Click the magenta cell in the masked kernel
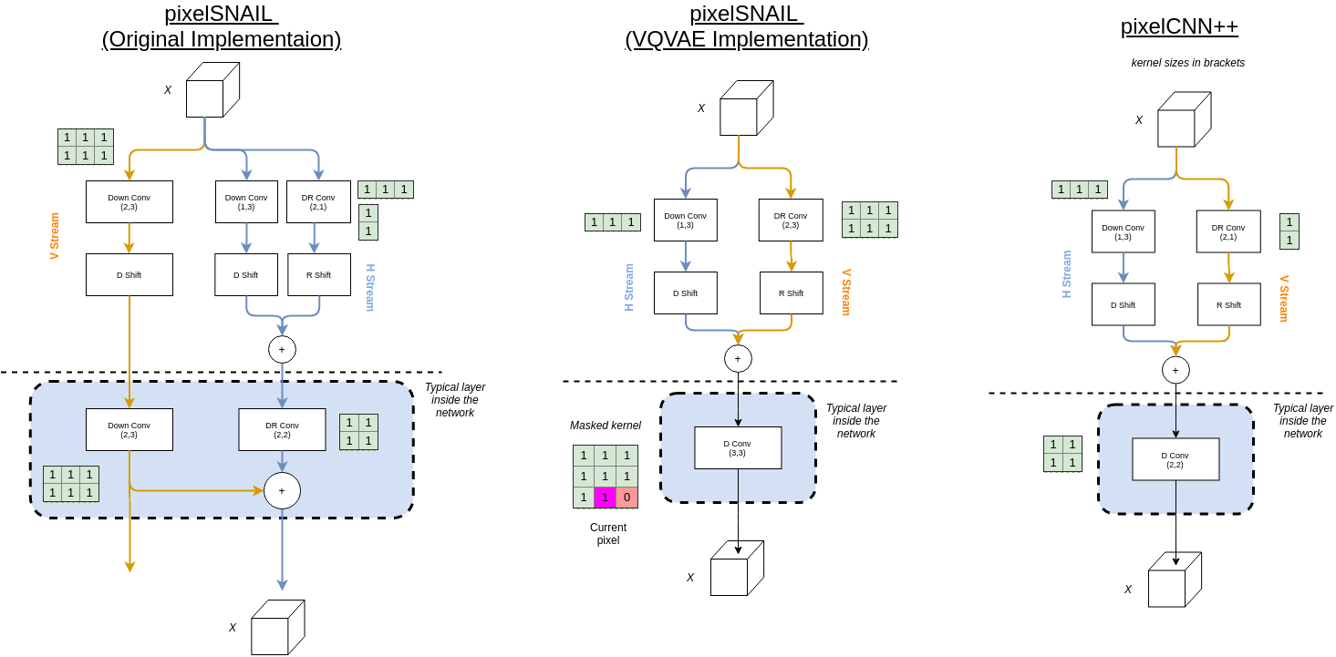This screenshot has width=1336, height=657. (605, 498)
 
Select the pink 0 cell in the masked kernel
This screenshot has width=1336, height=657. (627, 498)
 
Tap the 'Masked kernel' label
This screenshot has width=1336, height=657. (605, 426)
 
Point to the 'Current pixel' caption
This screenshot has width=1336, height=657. (607, 534)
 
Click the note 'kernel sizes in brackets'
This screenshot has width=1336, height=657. (1187, 63)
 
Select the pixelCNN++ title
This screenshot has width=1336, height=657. (1179, 26)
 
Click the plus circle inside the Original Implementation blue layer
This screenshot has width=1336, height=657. (282, 490)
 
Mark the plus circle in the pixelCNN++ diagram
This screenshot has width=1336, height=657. (1175, 370)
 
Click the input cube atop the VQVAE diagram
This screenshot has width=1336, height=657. (746, 108)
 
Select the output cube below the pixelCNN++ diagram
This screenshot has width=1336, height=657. (1174, 580)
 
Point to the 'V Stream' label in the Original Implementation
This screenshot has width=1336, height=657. (55, 236)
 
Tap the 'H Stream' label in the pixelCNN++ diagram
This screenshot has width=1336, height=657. (1067, 274)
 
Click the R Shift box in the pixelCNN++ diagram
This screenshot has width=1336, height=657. (1228, 304)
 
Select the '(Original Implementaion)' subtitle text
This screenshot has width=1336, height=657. (222, 39)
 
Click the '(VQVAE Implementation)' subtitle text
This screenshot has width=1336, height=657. (746, 39)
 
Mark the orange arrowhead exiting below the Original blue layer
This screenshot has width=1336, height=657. (129, 567)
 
